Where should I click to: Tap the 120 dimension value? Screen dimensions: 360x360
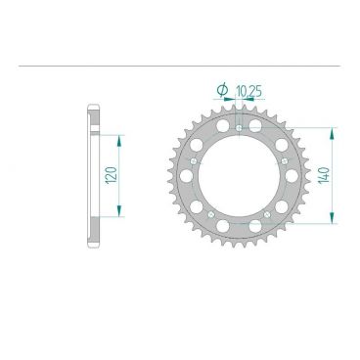pos(111,176)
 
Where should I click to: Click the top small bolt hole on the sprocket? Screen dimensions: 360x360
pos(239,128)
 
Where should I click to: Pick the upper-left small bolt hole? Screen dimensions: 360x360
pos(196,159)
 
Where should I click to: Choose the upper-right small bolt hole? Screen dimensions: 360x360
pos(283,159)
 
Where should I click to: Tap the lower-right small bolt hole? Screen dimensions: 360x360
pos(266,211)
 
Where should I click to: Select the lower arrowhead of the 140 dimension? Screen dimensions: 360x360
pos(337,221)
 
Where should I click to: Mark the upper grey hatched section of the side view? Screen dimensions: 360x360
pos(95,122)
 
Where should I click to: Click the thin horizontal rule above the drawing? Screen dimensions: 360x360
pos(180,67)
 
